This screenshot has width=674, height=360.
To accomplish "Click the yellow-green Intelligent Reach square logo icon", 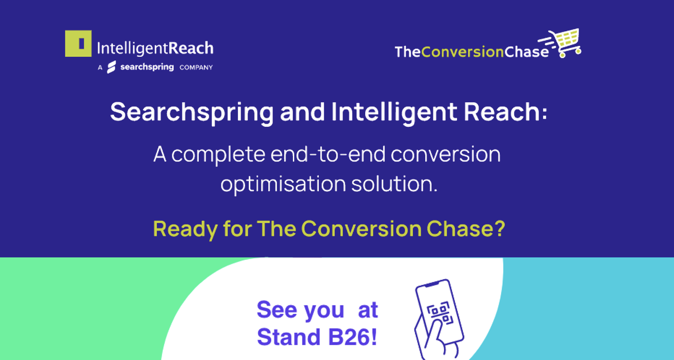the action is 78,43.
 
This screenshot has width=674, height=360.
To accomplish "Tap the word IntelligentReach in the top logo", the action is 155,49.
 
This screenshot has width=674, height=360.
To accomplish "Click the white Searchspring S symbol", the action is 111,67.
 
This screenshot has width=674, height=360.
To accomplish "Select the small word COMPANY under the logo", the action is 196,67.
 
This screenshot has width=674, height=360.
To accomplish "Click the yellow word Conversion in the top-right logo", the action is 463,52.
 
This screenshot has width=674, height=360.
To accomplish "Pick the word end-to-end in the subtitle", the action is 328,154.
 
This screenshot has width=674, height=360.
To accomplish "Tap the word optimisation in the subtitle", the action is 283,184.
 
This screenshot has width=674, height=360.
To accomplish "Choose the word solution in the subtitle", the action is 394,184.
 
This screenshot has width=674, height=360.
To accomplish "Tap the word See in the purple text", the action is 277,310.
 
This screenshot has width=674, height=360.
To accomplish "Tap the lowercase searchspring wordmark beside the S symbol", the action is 147,67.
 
